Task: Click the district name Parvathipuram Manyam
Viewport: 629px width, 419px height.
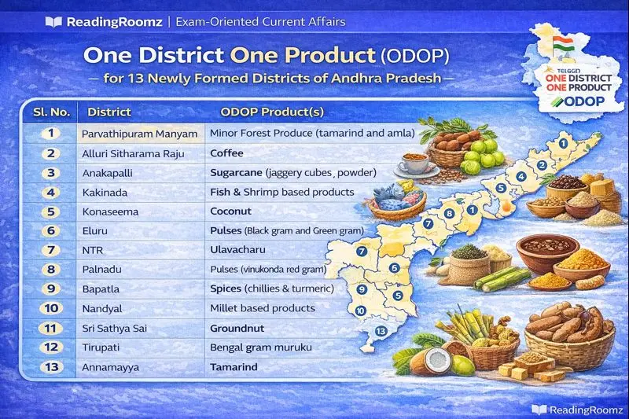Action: [x=140, y=134]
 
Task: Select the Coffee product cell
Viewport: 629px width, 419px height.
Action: [x=226, y=153]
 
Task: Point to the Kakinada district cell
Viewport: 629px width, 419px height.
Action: [x=105, y=192]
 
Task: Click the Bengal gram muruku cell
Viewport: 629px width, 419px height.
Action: [x=261, y=347]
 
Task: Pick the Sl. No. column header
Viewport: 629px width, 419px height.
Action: [x=49, y=112]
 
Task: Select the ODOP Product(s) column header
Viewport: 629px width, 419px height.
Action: [x=272, y=112]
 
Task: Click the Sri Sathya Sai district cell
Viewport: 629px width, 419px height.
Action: [x=116, y=328]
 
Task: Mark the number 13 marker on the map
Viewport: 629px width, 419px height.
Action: [x=381, y=331]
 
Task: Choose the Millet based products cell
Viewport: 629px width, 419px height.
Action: [x=262, y=308]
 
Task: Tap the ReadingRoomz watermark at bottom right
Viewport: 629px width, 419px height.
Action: [x=576, y=409]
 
